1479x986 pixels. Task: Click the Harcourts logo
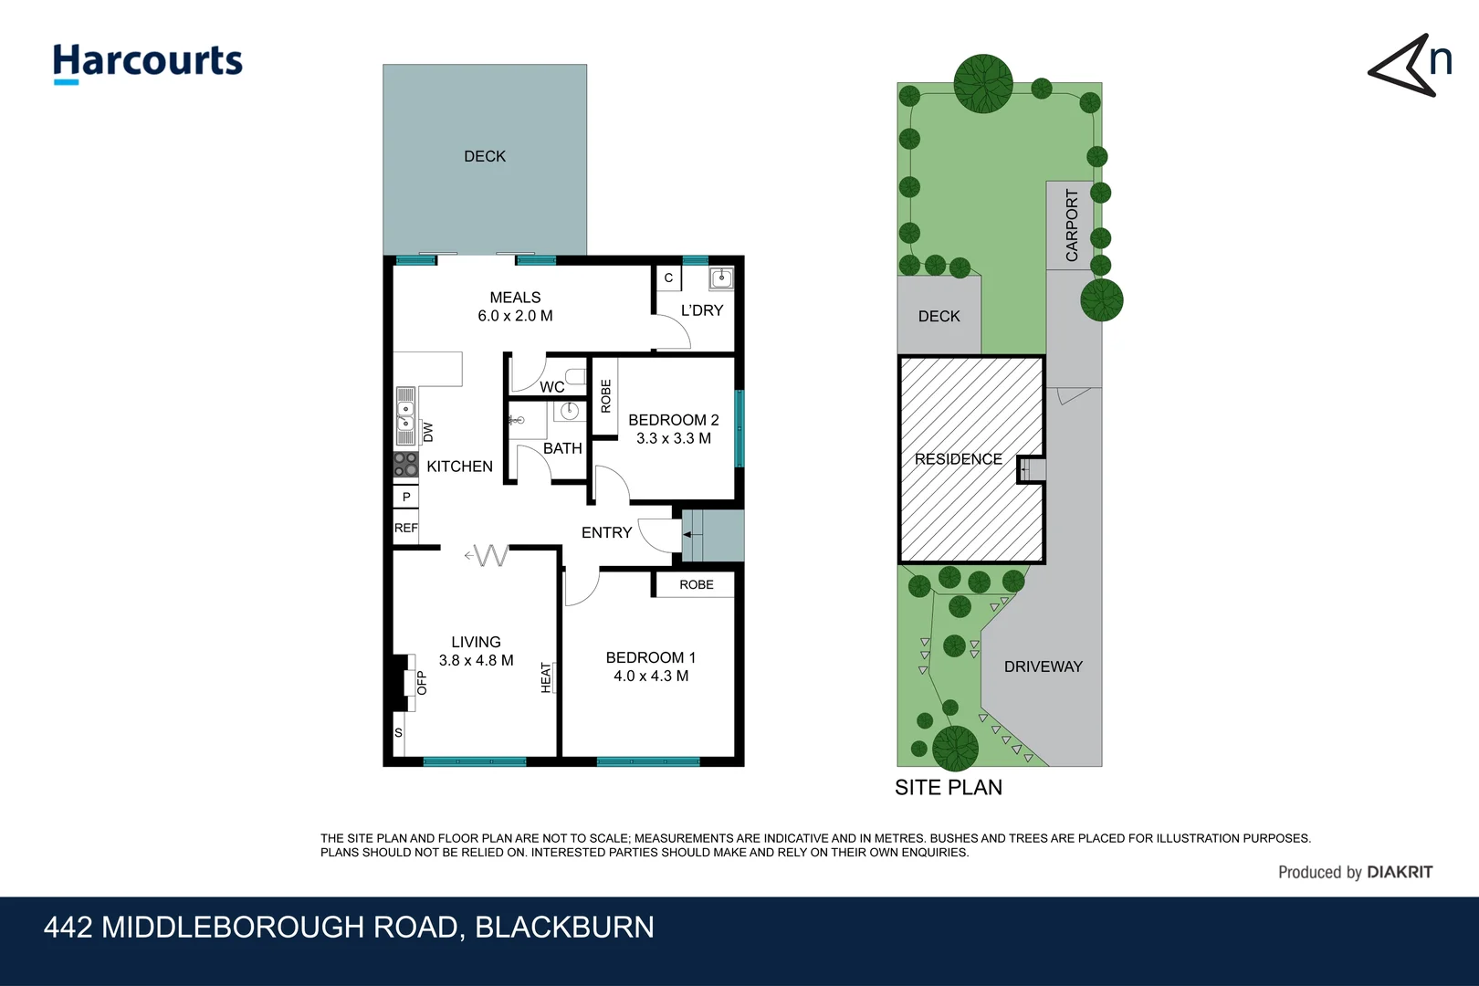(148, 64)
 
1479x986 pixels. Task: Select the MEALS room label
(515, 298)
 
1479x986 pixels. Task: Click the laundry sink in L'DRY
(721, 278)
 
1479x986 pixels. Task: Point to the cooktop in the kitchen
(406, 465)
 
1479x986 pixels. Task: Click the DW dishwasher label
(428, 432)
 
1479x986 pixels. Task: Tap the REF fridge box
(406, 528)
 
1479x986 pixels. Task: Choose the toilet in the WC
(576, 377)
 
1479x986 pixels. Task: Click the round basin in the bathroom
(569, 412)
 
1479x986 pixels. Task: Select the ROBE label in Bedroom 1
(697, 584)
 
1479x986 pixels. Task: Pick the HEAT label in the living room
(546, 677)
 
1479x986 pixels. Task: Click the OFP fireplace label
(422, 683)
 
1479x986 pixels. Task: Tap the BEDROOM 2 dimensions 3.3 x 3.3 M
(674, 438)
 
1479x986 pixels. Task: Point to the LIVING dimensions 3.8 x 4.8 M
(476, 660)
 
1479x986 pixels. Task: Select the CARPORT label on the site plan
(1072, 226)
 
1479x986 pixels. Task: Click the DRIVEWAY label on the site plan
(1044, 667)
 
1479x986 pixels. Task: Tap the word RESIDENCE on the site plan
(958, 459)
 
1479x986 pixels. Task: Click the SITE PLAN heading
(949, 787)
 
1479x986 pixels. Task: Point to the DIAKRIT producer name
(1400, 873)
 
